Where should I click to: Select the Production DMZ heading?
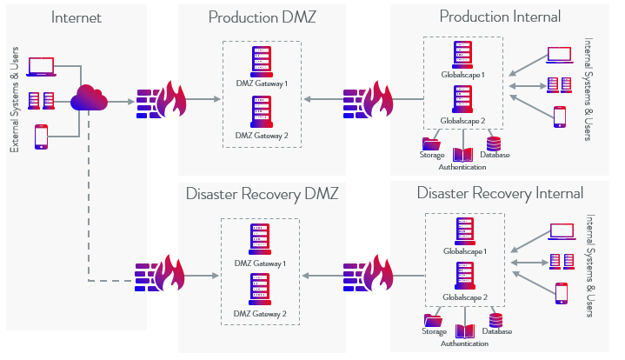(262, 17)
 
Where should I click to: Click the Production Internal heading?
(500, 17)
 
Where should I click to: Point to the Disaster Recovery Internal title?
(500, 192)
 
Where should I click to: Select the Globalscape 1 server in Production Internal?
(462, 55)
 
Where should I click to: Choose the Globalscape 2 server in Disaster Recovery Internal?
(462, 277)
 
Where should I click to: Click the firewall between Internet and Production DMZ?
(162, 102)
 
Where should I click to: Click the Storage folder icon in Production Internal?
(431, 144)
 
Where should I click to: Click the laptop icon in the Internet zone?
(41, 66)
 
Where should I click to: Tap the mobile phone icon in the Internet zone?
(41, 137)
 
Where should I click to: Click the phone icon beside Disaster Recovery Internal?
(561, 293)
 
